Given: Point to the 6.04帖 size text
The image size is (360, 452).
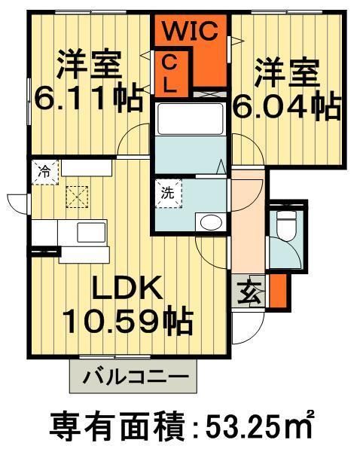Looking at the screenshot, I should click(x=285, y=108).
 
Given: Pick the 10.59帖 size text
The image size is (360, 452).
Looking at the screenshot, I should click(x=127, y=322).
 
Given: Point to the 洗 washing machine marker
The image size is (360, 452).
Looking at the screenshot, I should click(x=166, y=191).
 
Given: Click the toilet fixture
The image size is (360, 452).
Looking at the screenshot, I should click(x=285, y=223).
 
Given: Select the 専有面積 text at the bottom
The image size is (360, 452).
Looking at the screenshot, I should click(x=112, y=427).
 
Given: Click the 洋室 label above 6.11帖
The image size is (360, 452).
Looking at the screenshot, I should click(x=89, y=66).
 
